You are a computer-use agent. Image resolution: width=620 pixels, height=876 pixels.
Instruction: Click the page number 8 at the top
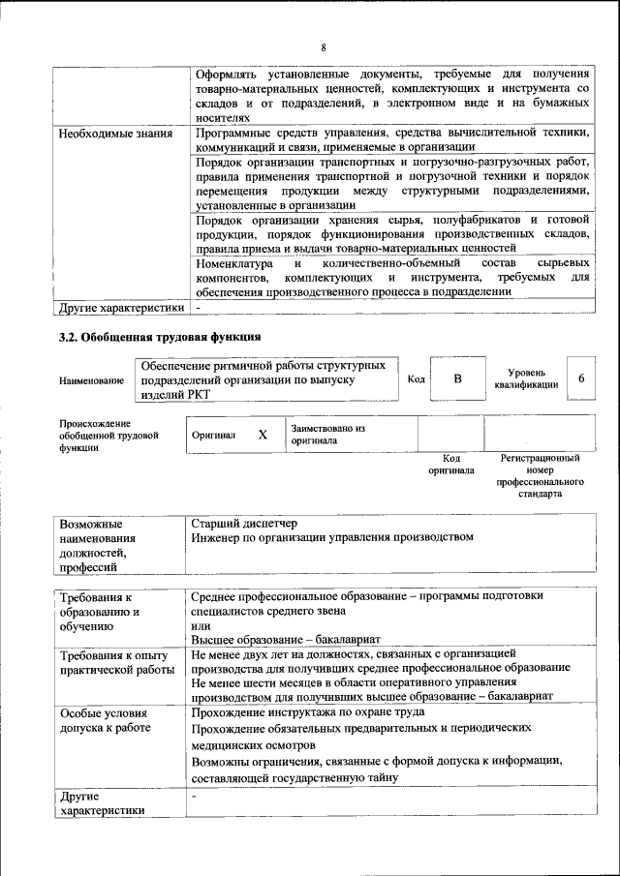(x=325, y=47)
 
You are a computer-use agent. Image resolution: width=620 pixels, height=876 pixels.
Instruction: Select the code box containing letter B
(x=457, y=379)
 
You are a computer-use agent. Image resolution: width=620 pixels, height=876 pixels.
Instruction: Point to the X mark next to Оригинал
(x=262, y=435)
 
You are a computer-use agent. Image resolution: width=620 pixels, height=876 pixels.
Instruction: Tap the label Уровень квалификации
(x=526, y=378)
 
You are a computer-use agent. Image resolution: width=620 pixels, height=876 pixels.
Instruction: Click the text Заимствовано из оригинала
(x=327, y=433)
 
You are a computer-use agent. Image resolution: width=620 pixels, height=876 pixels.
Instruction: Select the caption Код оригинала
(x=450, y=464)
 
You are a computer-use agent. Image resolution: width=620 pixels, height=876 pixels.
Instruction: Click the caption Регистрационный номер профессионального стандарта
(x=540, y=474)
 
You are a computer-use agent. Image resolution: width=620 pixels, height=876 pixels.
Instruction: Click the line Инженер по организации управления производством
(x=331, y=537)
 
